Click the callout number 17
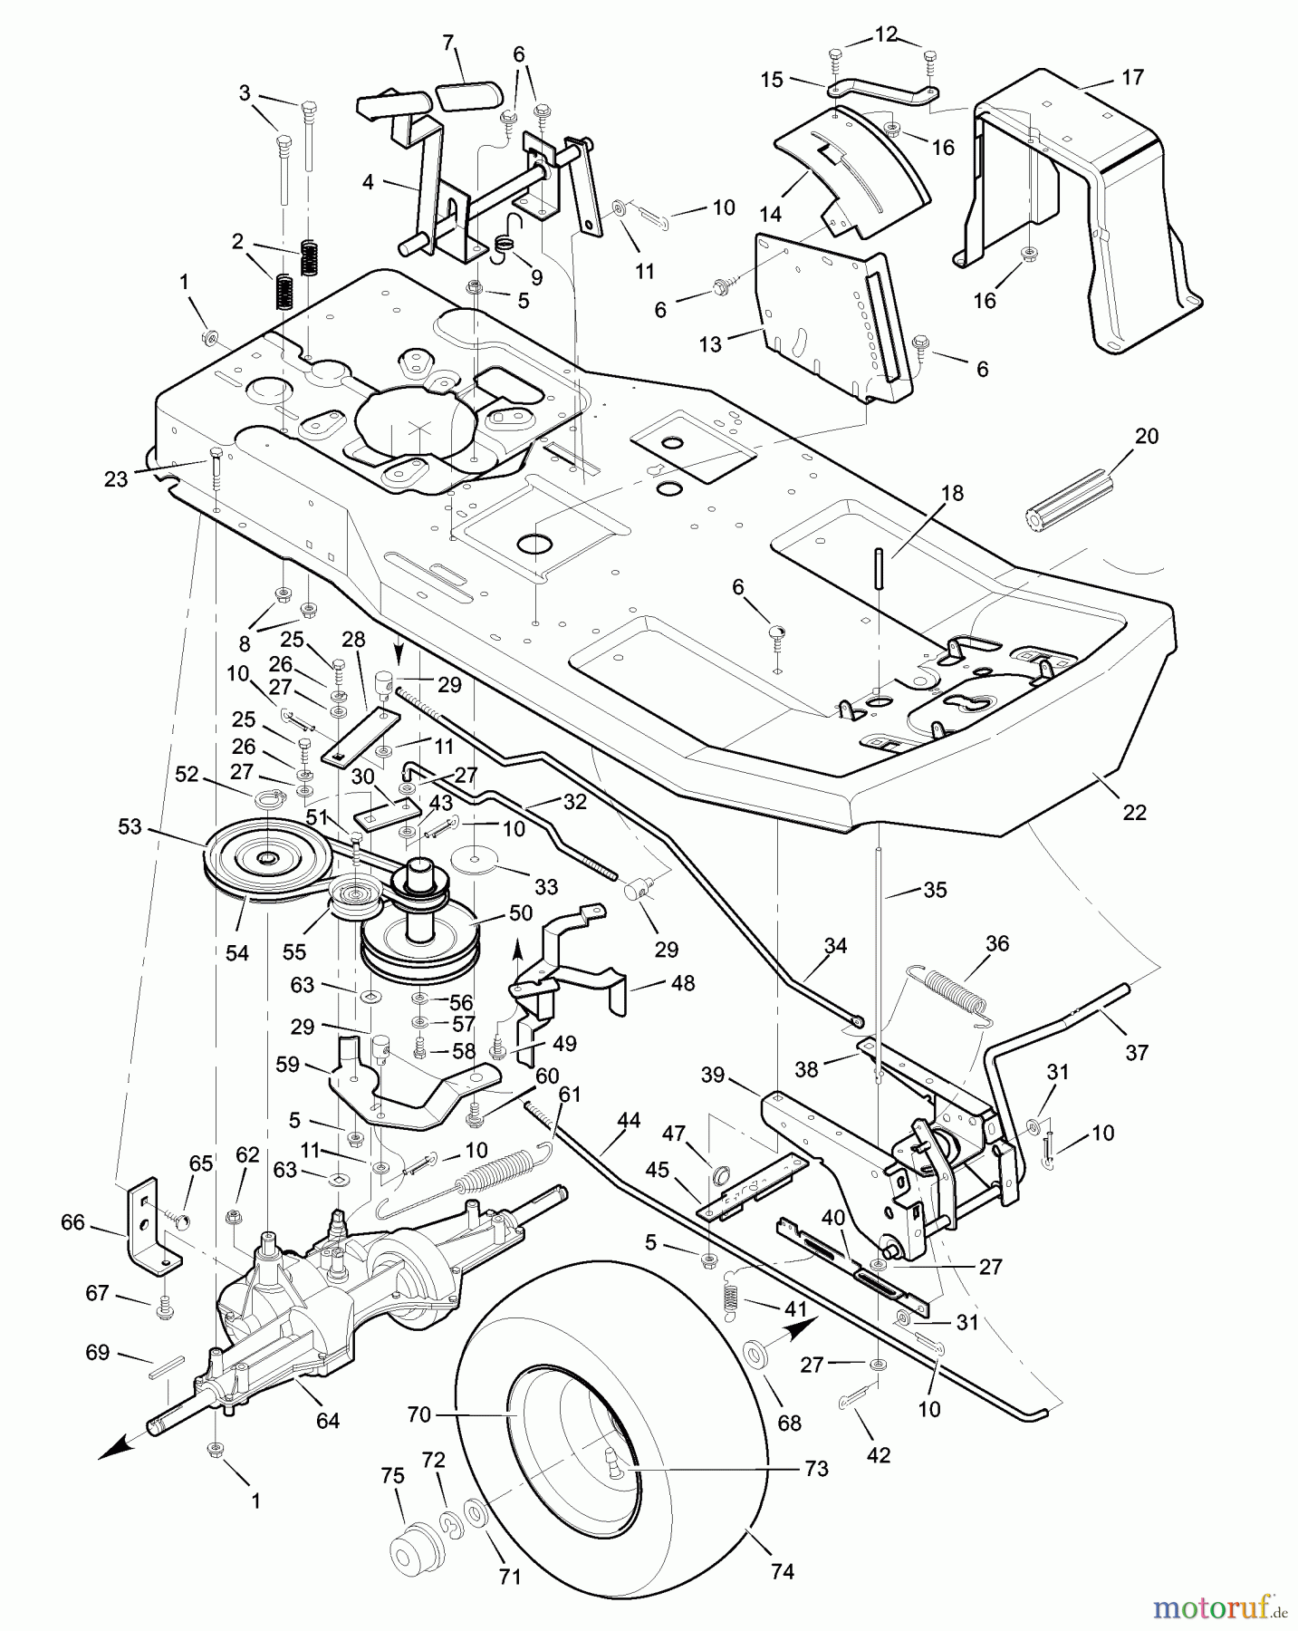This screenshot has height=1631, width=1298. (x=1132, y=77)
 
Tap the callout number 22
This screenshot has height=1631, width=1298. (x=1134, y=812)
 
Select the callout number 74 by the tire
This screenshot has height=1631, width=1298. (x=782, y=1571)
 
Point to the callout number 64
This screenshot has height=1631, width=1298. (x=328, y=1421)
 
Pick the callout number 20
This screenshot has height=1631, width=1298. (x=1146, y=436)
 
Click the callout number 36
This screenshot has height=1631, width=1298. (x=996, y=943)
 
